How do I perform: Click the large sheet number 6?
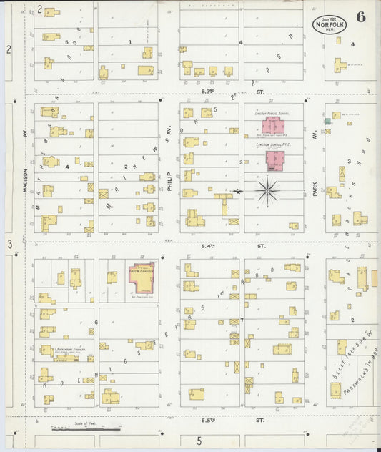[x=361, y=19]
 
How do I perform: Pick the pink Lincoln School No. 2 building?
[x=275, y=159]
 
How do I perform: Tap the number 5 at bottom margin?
[x=199, y=441]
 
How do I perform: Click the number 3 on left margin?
[x=10, y=245]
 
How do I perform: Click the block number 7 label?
[x=242, y=320]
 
